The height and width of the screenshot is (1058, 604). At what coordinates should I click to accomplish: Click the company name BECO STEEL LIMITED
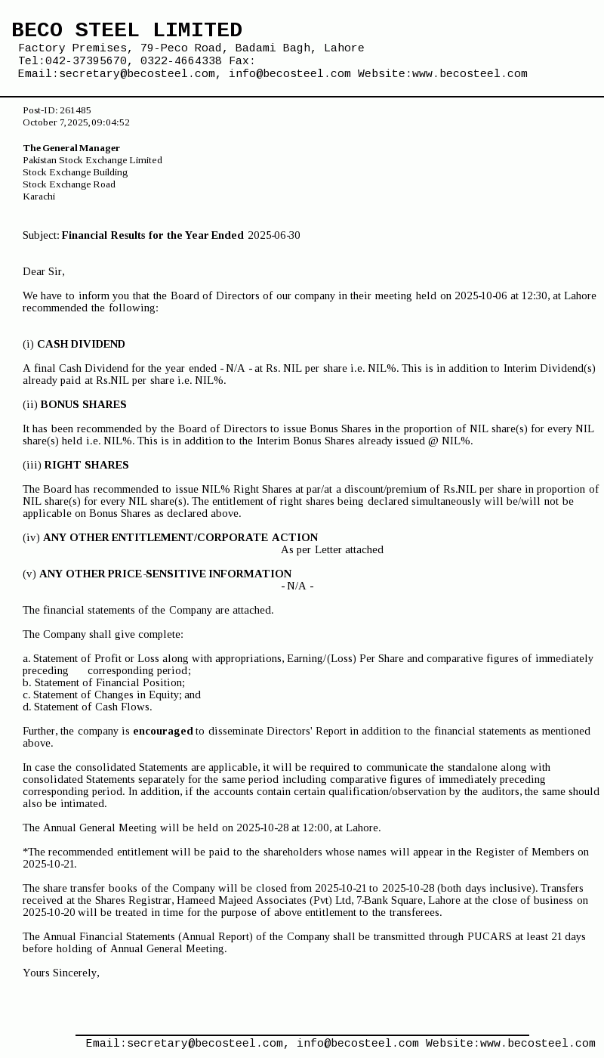[x=127, y=30]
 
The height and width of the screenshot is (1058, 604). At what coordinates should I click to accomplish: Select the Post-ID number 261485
[x=75, y=110]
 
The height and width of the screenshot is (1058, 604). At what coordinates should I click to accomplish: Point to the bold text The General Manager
[x=71, y=148]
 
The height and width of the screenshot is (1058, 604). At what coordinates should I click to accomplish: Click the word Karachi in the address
[x=39, y=196]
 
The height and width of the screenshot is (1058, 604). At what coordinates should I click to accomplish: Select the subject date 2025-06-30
[x=273, y=236]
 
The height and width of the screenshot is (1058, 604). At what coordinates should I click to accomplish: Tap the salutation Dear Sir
[x=43, y=272]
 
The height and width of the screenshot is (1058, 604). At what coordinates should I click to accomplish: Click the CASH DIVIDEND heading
[x=81, y=345]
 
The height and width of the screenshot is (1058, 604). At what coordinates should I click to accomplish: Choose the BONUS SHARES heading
[x=83, y=405]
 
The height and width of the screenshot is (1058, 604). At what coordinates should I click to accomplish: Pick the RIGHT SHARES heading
[x=86, y=466]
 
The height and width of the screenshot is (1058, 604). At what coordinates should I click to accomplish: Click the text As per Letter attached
[x=332, y=550]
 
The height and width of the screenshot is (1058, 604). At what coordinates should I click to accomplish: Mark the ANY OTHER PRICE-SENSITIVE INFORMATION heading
[x=165, y=574]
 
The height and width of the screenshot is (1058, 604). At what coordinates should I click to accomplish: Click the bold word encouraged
[x=163, y=732]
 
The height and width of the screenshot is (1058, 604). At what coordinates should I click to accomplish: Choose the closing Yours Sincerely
[x=60, y=973]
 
